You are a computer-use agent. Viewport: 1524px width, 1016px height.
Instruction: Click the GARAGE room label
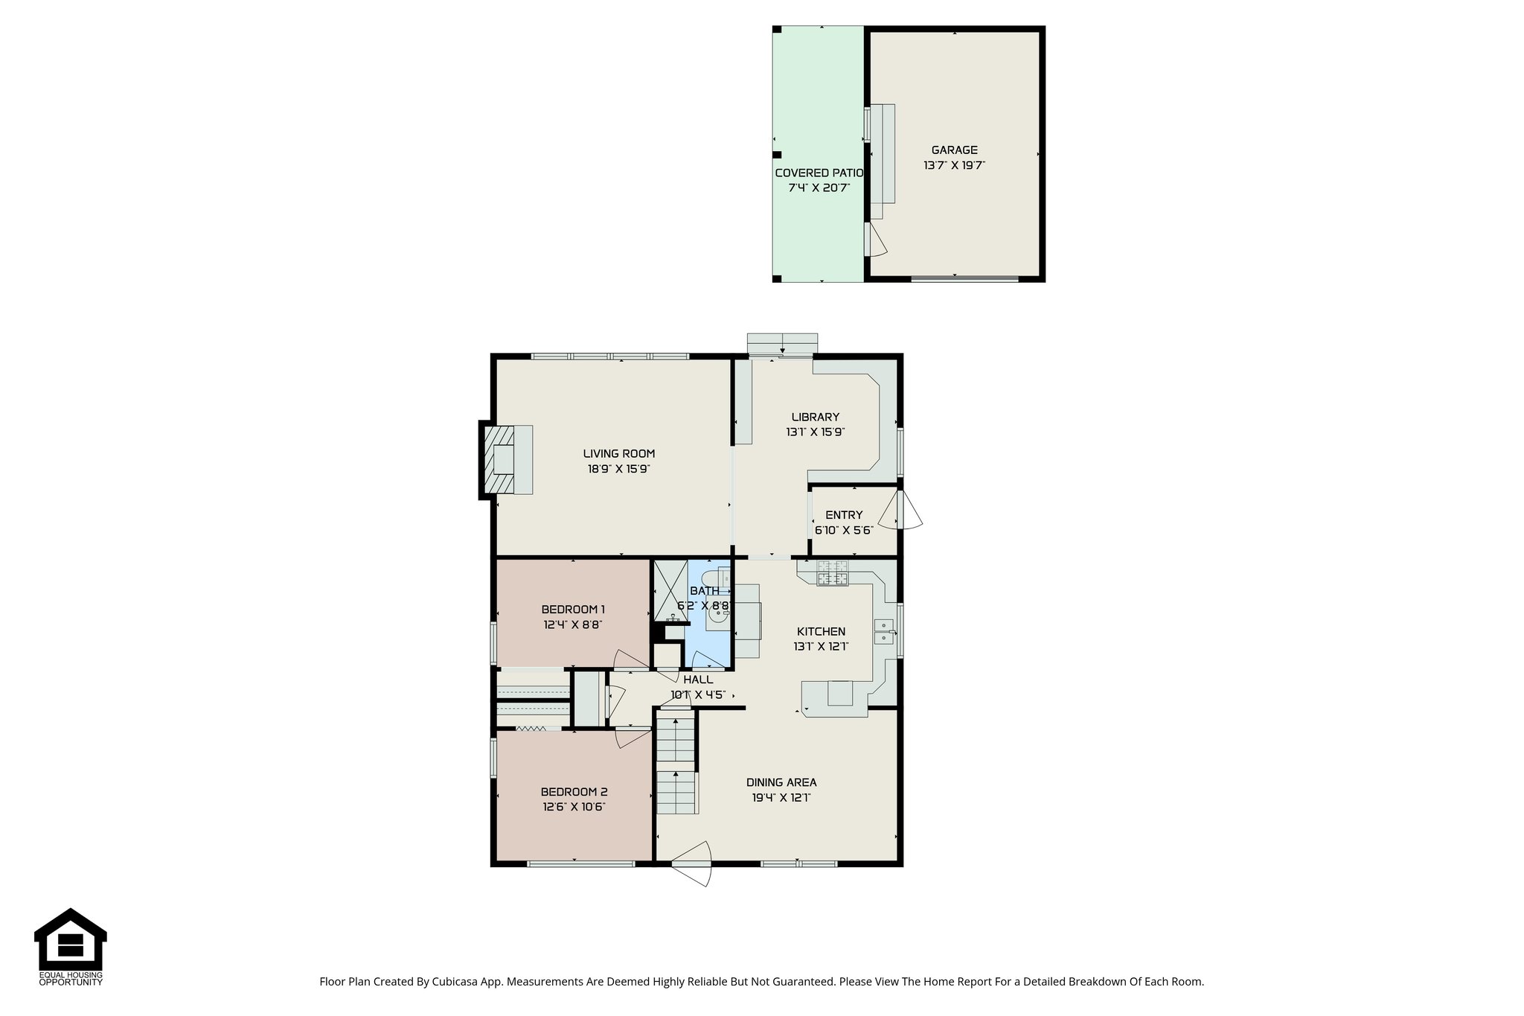954,150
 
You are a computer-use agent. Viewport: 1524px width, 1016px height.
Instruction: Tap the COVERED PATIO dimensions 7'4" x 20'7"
819,188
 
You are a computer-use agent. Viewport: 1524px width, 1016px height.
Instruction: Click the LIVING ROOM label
618,453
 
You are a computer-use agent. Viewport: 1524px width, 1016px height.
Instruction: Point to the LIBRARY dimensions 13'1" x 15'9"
815,432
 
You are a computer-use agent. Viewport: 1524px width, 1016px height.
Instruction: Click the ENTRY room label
844,515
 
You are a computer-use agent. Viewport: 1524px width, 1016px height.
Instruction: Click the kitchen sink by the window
884,631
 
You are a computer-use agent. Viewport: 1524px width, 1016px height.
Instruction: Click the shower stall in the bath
670,590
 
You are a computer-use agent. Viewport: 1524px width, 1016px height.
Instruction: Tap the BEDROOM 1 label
572,610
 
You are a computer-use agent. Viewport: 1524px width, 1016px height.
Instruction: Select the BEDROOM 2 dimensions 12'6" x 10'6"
573,807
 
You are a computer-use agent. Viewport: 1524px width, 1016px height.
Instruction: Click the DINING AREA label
781,782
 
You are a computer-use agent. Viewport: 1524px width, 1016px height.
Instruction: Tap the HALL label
697,680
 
